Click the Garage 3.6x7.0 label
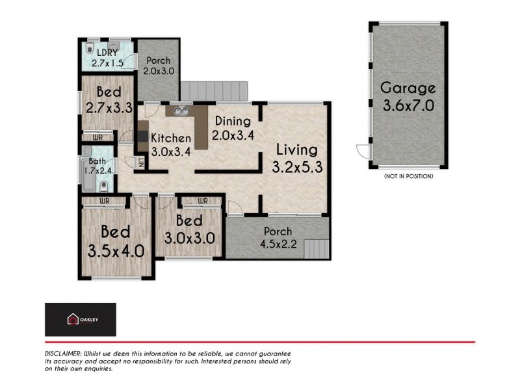tap(408, 96)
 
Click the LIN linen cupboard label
tap(140, 162)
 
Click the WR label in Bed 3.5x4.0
tap(104, 201)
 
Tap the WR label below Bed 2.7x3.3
tap(97, 138)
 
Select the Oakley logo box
tap(80, 319)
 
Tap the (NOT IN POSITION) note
tap(408, 176)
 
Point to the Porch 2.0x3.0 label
tap(158, 66)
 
